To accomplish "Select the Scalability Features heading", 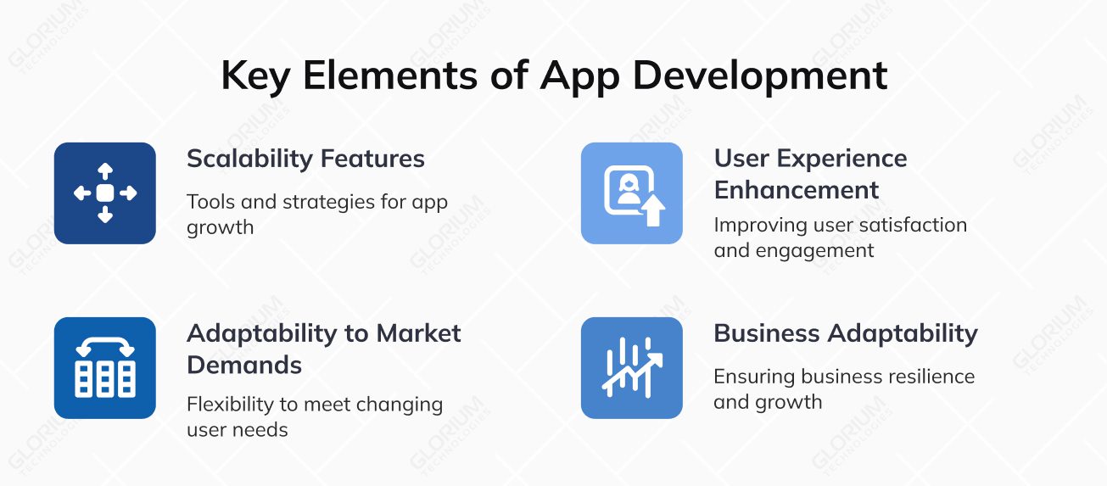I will [305, 159].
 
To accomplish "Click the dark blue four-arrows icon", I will [105, 193].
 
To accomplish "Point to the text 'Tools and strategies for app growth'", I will [316, 214].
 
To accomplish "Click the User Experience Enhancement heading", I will [810, 174].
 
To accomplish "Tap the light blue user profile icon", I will [631, 193].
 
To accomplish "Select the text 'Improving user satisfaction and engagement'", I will [840, 237].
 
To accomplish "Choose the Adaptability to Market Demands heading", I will [323, 349].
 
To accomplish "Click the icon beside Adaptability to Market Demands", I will [105, 368].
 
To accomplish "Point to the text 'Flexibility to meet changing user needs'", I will [315, 416].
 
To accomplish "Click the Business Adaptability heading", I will [845, 333].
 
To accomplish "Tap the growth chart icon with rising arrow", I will [631, 368].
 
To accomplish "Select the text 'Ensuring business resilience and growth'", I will [843, 388].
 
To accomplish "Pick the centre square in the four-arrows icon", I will [105, 193].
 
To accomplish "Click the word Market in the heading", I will [419, 333].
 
